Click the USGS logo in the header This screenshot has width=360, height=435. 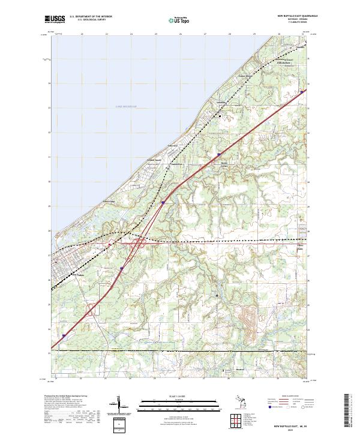click(x=54, y=20)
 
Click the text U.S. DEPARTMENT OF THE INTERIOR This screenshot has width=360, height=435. click(x=91, y=17)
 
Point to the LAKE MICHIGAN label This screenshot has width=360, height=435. click(x=126, y=106)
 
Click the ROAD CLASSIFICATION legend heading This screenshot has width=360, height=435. click(x=287, y=397)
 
